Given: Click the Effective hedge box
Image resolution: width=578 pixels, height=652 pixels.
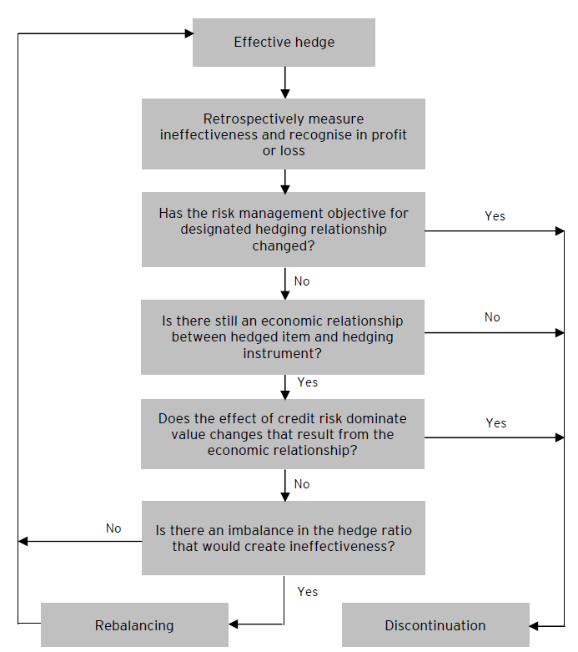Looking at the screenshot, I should (284, 43).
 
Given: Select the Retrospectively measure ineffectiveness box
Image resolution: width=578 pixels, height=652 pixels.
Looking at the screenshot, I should (284, 134).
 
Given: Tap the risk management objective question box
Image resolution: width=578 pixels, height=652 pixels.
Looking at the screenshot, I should (284, 230).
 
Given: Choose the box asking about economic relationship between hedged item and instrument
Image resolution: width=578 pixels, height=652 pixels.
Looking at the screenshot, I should (284, 337).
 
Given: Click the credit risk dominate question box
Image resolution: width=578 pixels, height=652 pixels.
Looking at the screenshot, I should (284, 434).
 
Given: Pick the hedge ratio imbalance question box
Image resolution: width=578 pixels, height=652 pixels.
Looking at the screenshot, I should (284, 538).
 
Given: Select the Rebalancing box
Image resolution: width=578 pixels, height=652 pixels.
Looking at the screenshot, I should (134, 625).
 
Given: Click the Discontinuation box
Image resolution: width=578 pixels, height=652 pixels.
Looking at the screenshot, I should (435, 625).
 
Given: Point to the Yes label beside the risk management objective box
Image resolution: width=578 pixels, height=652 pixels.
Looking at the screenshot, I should (495, 216).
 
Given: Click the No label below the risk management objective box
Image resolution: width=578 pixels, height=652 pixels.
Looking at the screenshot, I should (302, 281).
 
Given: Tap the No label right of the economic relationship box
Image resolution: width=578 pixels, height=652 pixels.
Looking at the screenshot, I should (492, 317).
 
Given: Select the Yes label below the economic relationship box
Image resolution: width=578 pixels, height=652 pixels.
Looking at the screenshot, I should (307, 382).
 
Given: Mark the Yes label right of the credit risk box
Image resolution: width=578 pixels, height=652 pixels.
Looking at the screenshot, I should (495, 423).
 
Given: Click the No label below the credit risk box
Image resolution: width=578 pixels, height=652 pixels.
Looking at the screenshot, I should (302, 484).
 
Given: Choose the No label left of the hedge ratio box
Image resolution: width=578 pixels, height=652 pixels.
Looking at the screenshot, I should (113, 528).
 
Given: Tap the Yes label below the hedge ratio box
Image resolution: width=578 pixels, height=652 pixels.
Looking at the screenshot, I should (307, 591).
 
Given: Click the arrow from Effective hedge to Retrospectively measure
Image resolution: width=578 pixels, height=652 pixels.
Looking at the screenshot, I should (285, 82).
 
